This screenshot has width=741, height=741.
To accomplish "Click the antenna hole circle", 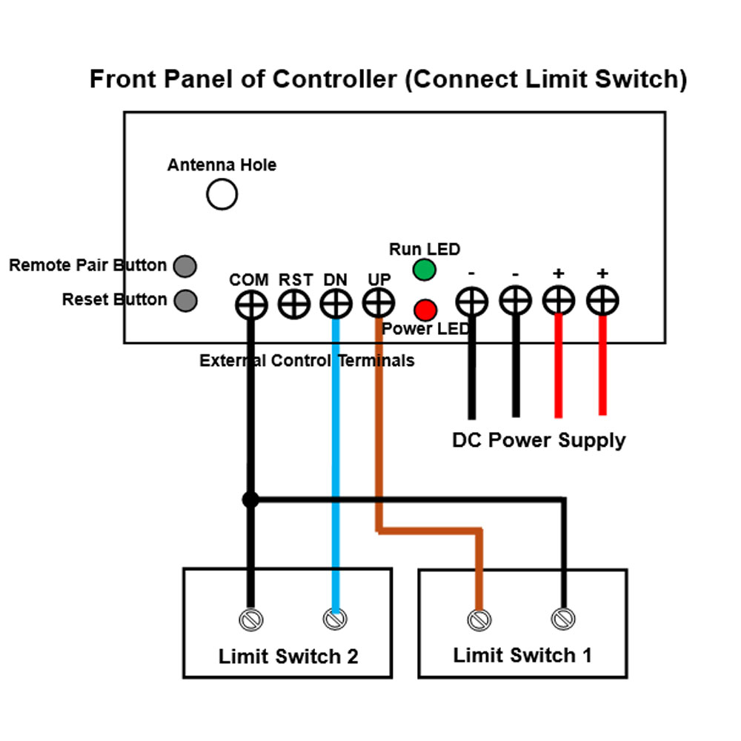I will pos(222,195).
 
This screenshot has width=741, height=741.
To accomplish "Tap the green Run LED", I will pos(425,270).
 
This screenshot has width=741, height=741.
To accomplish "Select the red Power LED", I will pos(425,309).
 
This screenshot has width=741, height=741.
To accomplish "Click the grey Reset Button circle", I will pos(185,300).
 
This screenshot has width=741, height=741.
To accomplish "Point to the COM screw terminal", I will pos(250,304).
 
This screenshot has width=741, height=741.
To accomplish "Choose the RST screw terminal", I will pos(293,304).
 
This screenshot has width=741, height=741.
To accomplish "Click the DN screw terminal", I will pos(336,303).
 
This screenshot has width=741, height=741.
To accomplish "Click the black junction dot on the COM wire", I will pos(250,500).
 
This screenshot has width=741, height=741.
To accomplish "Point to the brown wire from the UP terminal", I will pos(379,430).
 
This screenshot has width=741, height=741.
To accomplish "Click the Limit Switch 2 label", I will pos(288,657).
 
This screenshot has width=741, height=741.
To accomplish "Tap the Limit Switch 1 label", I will pos(522,655).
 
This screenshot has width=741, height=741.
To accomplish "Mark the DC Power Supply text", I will pos(539,440).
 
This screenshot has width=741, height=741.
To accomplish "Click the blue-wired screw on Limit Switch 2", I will pos(335,618).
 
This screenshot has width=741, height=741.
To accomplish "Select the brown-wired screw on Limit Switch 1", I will pos(479,618).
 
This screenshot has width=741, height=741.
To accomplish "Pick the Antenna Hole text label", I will pos(222,165).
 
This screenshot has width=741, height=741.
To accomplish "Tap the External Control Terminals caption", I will pos(307,361).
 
